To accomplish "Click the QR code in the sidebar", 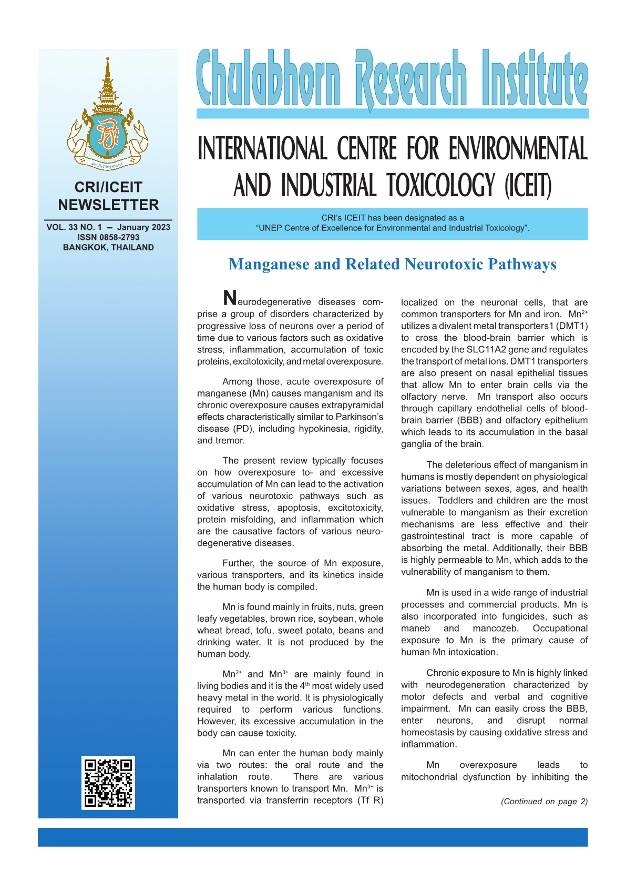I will [x=108, y=782].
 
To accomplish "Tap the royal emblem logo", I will [x=108, y=115].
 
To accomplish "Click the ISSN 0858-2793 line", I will [x=108, y=237].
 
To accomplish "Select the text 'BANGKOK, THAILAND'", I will [x=108, y=247].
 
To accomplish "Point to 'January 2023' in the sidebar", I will [x=143, y=227].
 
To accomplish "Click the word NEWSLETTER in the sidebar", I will [x=108, y=205].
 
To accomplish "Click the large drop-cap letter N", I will [x=230, y=298].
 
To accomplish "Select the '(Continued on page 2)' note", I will [x=544, y=801].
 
